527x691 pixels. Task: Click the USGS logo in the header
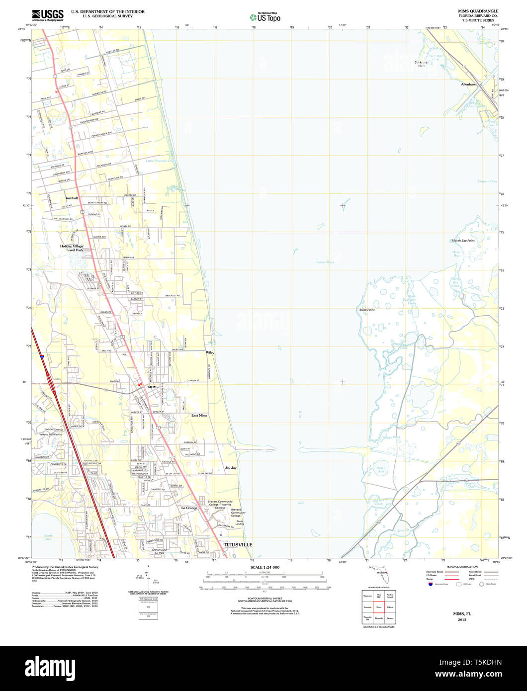(48, 14)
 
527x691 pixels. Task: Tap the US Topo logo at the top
(265, 17)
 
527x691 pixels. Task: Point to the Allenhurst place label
(469, 85)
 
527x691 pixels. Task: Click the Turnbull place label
(71, 198)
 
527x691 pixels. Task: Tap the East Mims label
(199, 415)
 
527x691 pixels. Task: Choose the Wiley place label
(210, 352)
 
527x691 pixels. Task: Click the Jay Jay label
(230, 468)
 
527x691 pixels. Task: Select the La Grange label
(189, 508)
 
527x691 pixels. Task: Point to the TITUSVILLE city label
(238, 545)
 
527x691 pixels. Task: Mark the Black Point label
(367, 310)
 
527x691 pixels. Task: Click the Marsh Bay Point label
(463, 241)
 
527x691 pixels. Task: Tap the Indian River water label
(325, 262)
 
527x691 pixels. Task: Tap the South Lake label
(48, 537)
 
